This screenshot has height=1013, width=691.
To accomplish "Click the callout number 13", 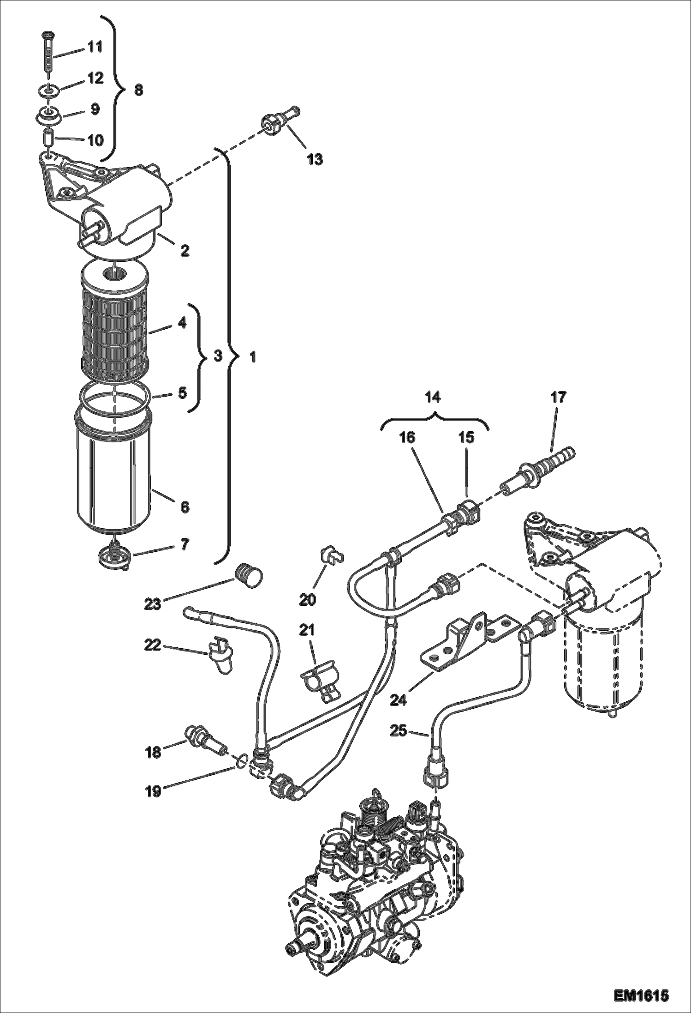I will [315, 160].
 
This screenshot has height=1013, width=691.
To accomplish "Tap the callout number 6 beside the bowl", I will [185, 507].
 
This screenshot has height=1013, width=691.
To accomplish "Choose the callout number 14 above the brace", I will [433, 397].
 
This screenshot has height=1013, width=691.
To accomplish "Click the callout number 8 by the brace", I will [138, 90].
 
